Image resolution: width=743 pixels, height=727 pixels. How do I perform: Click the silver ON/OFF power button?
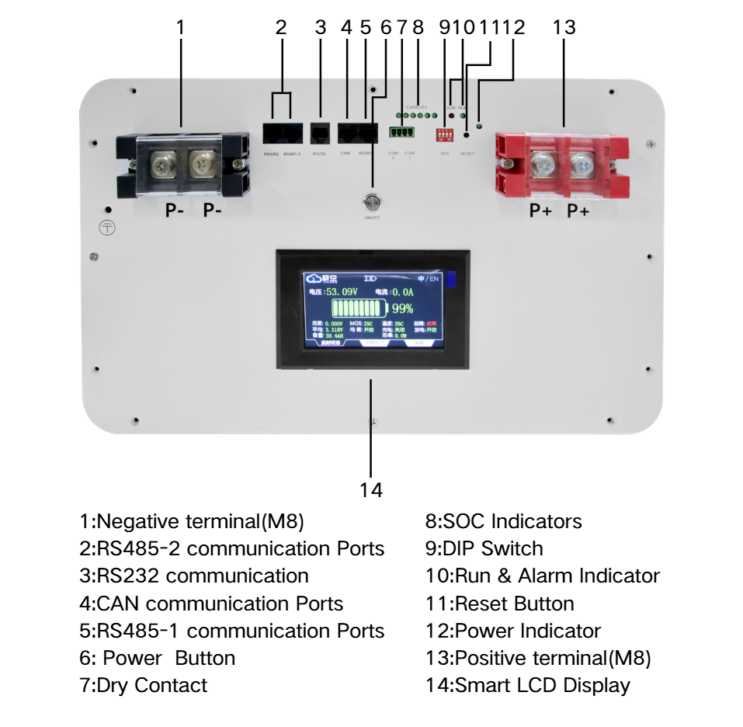pyautogui.click(x=372, y=203)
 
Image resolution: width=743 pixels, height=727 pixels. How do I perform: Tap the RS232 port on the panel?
pyautogui.click(x=319, y=131)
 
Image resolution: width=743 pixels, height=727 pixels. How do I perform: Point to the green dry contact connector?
pyautogui.click(x=402, y=131)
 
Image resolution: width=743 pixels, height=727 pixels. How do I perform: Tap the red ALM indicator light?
pyautogui.click(x=451, y=116)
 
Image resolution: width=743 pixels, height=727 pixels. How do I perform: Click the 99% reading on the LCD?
pyautogui.click(x=402, y=308)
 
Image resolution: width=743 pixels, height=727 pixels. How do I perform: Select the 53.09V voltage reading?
pyautogui.click(x=342, y=292)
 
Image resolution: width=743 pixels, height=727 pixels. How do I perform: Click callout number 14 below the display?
pyautogui.click(x=371, y=491)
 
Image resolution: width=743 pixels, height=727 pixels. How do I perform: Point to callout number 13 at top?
pyautogui.click(x=564, y=28)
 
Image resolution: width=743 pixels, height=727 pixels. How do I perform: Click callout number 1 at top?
pyautogui.click(x=181, y=28)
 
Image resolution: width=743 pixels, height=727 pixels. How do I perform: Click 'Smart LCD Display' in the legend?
pyautogui.click(x=542, y=686)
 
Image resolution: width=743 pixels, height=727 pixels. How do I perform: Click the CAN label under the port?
pyautogui.click(x=345, y=153)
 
